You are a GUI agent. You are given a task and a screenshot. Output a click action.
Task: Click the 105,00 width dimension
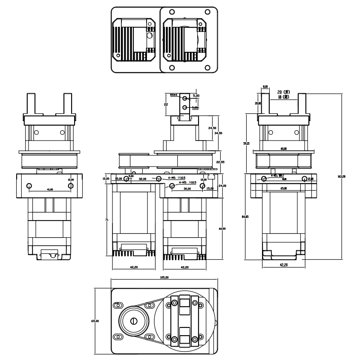click(x=164, y=277)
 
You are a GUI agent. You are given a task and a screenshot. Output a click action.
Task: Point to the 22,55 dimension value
click(x=220, y=162)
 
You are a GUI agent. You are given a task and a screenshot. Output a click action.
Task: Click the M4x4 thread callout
click(x=174, y=95)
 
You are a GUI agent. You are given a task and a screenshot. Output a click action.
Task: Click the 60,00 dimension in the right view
click(x=283, y=149)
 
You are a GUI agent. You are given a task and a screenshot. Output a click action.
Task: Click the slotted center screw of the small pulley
click(x=135, y=321)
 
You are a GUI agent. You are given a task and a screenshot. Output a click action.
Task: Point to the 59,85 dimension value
click(x=246, y=144)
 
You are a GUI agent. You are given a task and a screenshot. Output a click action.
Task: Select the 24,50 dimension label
click(x=212, y=128)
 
